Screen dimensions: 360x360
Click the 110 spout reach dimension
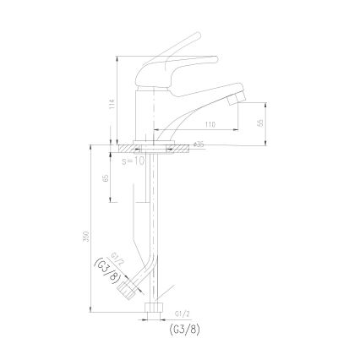pos(185,124)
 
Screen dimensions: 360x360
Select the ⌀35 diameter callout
pos(199,145)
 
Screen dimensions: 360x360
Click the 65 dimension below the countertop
pos(105,178)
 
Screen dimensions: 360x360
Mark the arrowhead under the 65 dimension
pos(110,200)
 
